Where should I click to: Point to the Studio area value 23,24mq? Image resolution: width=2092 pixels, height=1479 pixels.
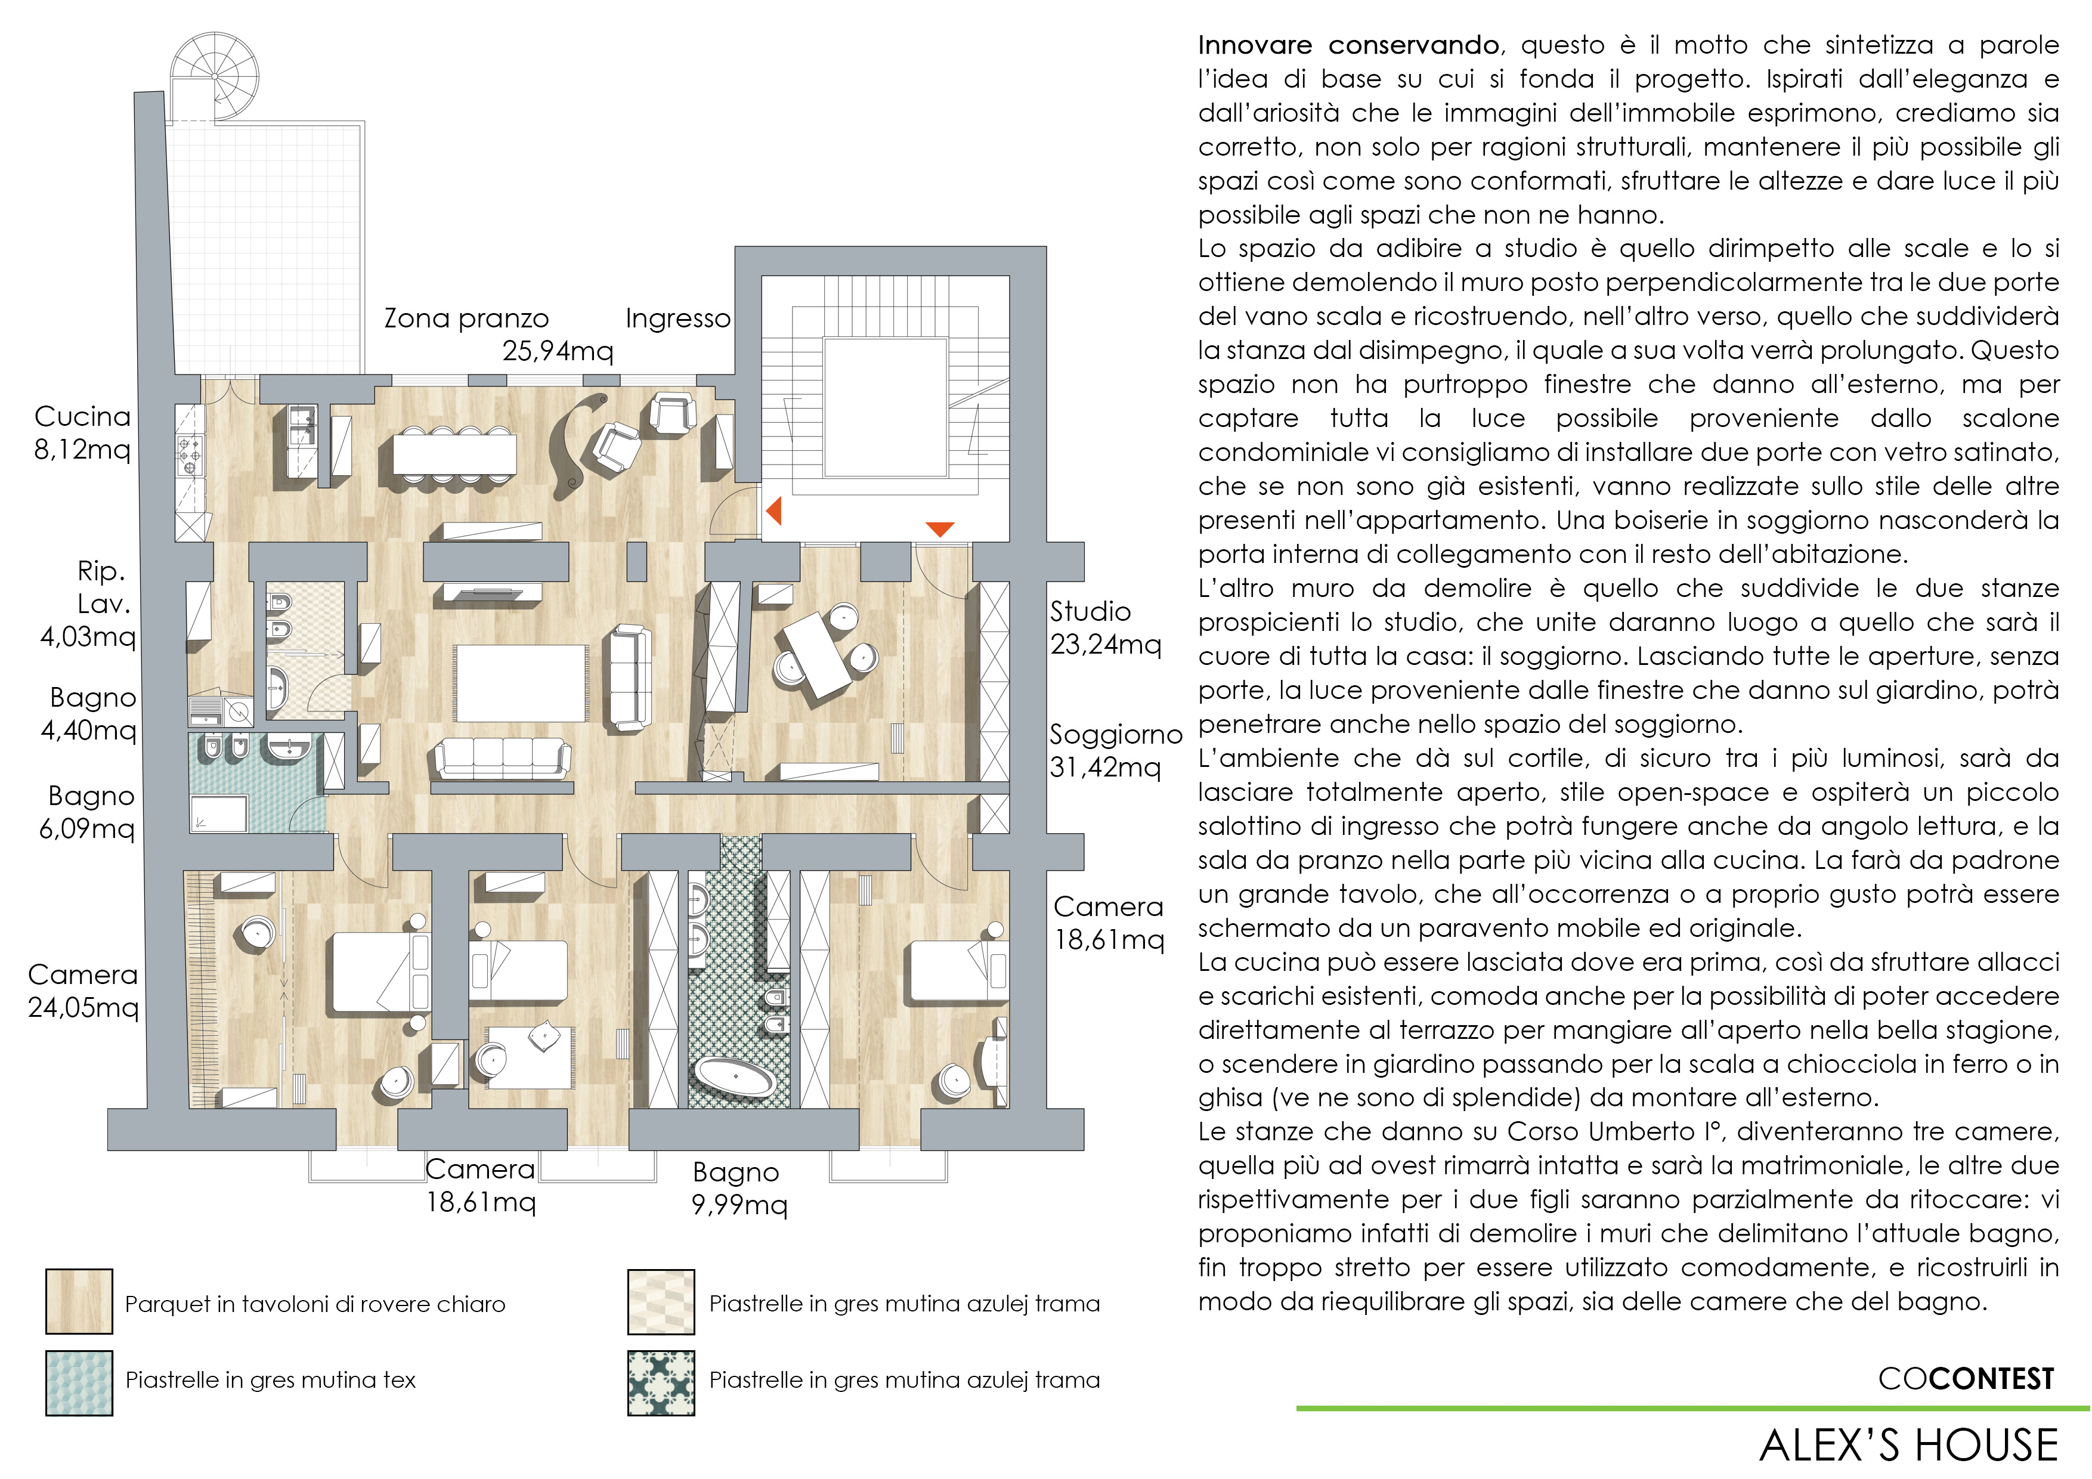[x=1105, y=644]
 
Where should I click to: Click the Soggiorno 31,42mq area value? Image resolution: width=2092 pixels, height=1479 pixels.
[x=1105, y=768]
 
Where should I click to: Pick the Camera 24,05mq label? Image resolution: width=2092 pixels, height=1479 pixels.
[x=83, y=991]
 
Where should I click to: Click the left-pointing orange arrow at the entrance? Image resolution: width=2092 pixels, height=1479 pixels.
[x=775, y=510]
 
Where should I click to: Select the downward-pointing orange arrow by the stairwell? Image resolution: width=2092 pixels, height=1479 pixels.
[x=939, y=528]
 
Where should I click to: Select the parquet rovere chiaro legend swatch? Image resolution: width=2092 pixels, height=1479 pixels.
[x=79, y=1301]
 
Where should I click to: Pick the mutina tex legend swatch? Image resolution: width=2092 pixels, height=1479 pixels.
[x=79, y=1382]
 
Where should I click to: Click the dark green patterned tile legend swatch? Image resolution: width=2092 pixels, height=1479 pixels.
[x=661, y=1382]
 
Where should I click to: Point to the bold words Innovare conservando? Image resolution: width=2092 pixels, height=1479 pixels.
[x=1348, y=45]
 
